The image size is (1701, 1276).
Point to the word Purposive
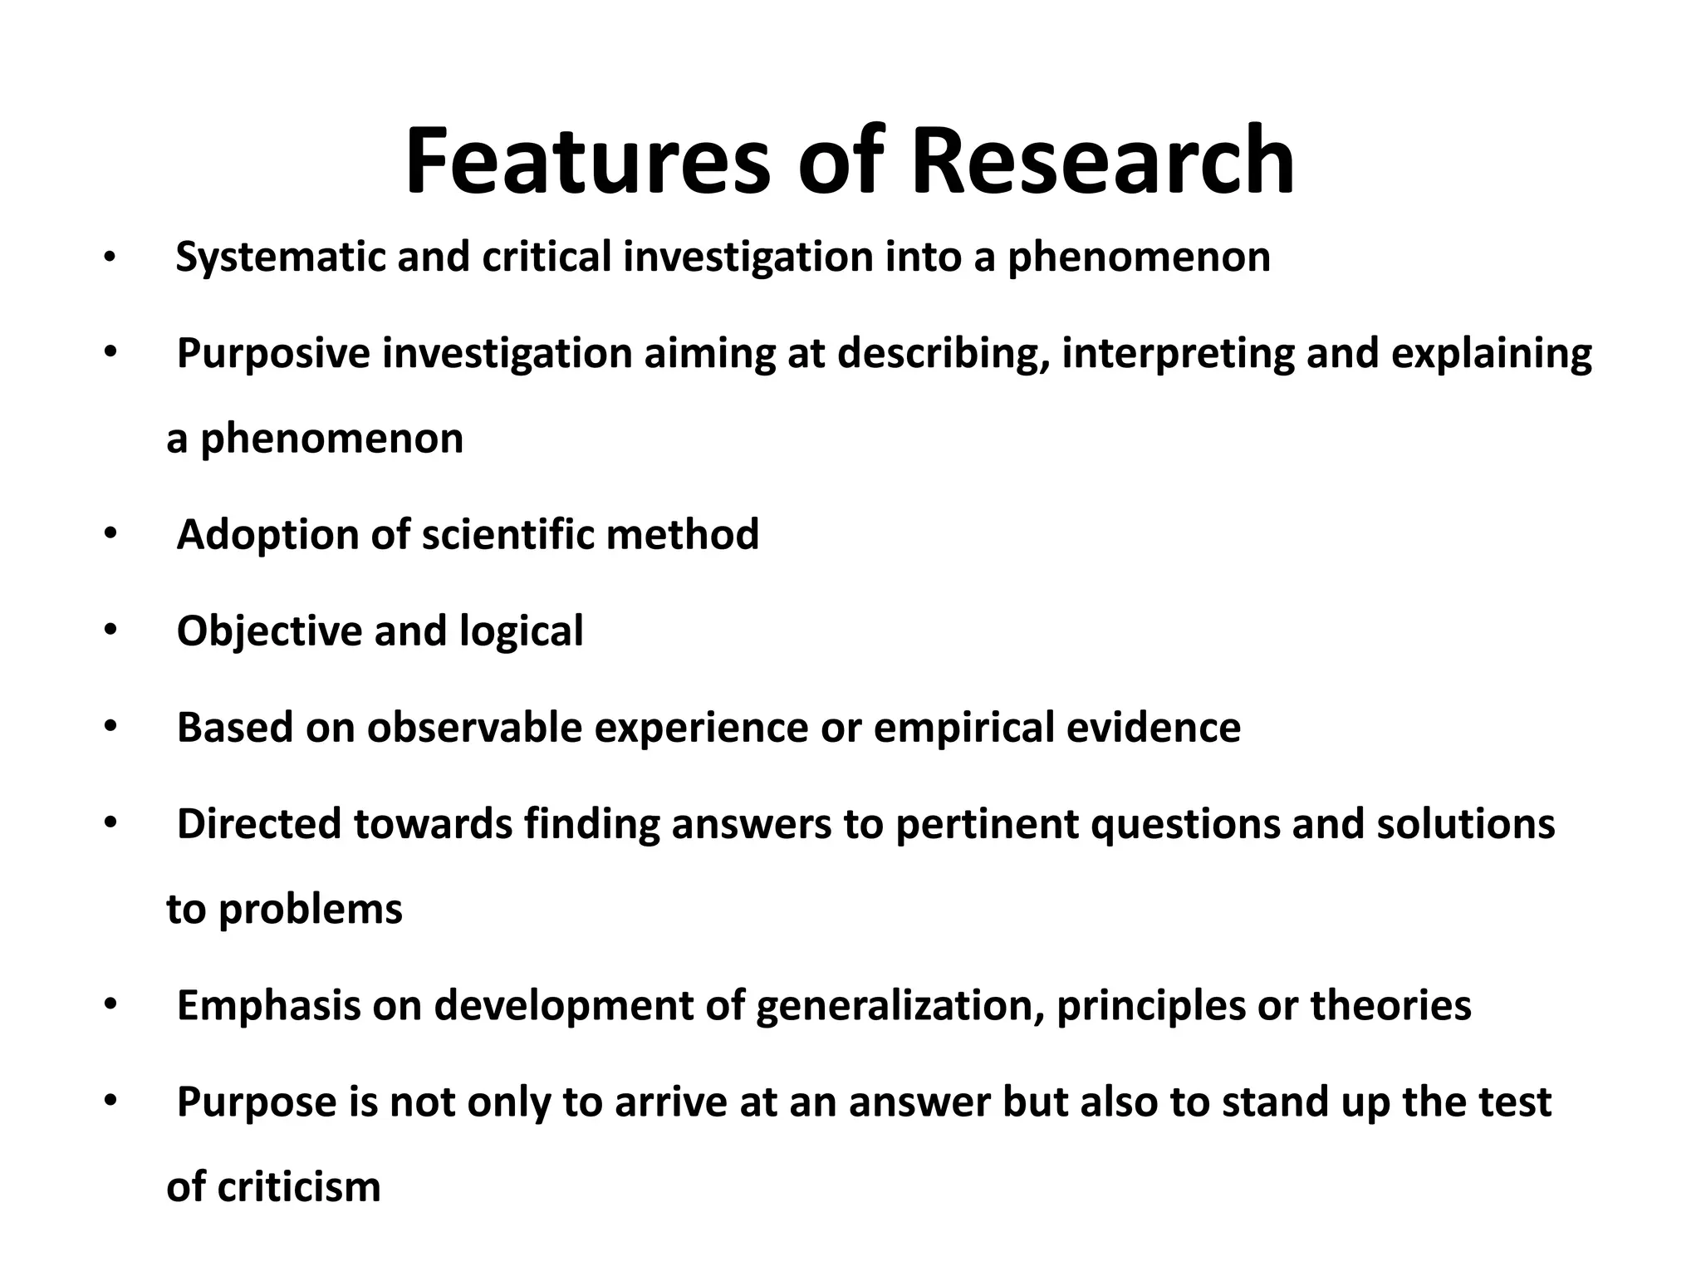coord(273,354)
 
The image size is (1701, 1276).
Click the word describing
coord(942,354)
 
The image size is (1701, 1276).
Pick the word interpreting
coord(1178,354)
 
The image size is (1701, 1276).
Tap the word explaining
coord(1491,354)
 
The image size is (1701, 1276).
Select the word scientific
coord(508,534)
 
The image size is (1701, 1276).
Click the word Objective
coord(269,631)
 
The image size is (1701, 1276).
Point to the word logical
coord(522,631)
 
